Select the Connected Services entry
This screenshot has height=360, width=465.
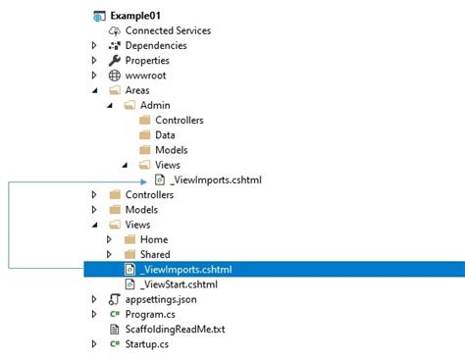[167, 31]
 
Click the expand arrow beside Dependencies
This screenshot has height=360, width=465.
[94, 46]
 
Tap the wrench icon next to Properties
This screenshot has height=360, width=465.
[114, 61]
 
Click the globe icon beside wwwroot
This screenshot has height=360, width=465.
[114, 76]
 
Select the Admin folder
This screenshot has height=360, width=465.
[156, 106]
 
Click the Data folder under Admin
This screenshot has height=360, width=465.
[164, 135]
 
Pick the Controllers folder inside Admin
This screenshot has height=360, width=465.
[179, 121]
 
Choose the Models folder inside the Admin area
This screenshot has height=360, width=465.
[171, 150]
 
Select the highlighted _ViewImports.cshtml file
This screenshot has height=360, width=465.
[185, 270]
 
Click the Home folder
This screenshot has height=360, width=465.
[153, 239]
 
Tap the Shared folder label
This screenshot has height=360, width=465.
[155, 254]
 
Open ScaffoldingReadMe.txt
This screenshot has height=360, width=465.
[175, 329]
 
